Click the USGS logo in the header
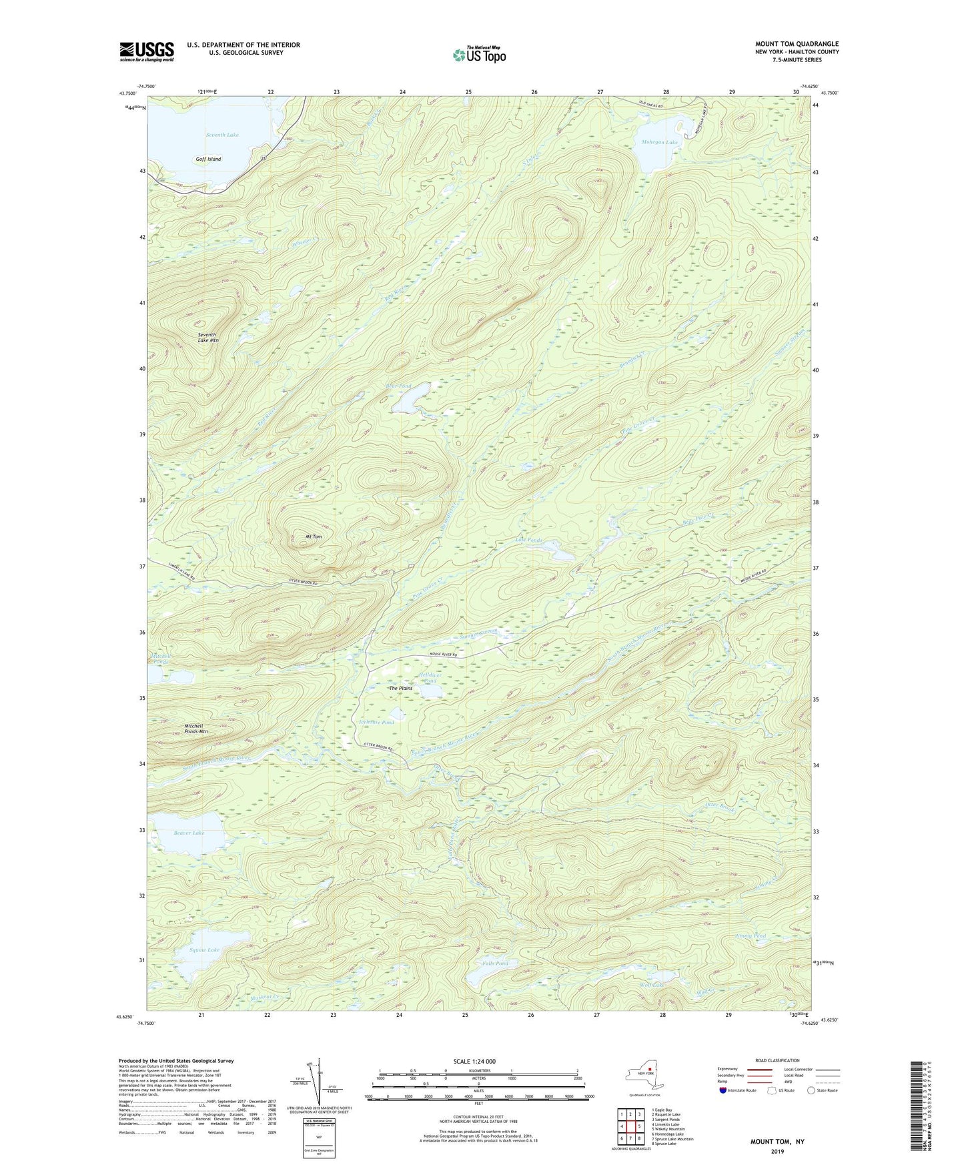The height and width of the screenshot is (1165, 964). (147, 51)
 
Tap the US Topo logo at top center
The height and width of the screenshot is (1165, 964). (478, 55)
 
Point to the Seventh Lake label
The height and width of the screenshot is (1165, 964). (222, 135)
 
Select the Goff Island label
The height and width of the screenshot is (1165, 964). (208, 159)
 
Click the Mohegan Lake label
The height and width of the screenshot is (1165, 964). (660, 142)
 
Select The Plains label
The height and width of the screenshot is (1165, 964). (401, 688)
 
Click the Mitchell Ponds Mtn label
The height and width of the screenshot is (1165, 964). (196, 729)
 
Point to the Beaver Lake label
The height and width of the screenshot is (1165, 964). (189, 833)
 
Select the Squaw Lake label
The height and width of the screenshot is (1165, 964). (204, 949)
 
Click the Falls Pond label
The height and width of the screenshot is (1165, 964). (495, 963)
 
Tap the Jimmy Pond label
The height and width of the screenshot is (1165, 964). (751, 936)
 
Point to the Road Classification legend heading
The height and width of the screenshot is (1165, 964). (778, 1060)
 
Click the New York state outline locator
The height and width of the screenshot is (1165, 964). (644, 1074)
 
